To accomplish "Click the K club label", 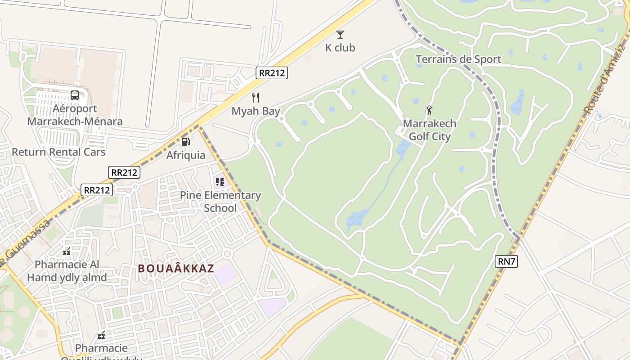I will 340,48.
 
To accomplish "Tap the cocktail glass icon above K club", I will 340,35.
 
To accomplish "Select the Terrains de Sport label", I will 458,59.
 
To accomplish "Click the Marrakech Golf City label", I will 429,130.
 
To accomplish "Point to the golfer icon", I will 429,110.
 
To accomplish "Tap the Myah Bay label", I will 256,111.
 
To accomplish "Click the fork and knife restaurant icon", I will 256,98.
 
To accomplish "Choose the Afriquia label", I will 186,155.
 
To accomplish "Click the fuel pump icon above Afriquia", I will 185,142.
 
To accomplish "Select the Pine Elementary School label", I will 220,202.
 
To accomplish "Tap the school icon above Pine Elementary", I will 220,182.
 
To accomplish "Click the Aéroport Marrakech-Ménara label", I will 75,115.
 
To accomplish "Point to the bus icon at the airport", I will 75,95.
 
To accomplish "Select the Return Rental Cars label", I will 58,152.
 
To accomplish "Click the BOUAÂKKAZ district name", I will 176,269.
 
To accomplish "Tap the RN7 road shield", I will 506,261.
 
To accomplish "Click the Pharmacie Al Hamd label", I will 67,271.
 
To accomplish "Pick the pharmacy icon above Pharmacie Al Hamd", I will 67,252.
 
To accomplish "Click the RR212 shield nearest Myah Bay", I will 272,73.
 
